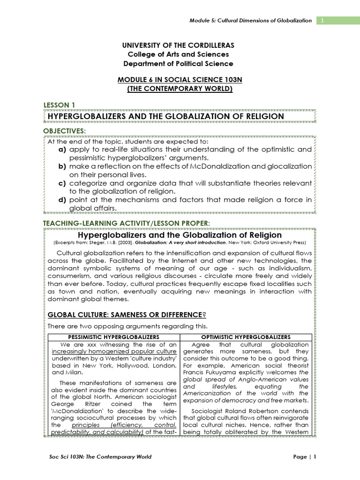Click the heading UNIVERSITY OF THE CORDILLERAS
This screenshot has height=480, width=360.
(178, 45)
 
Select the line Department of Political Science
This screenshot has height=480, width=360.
(178, 64)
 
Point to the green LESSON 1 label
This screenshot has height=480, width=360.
(59, 105)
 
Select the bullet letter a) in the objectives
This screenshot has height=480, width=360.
(61, 150)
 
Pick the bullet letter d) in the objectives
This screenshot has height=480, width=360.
(61, 200)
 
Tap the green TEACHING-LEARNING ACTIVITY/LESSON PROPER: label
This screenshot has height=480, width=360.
(127, 221)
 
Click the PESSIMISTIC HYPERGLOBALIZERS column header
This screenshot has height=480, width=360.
(114, 337)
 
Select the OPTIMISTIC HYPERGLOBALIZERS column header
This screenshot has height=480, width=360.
(246, 337)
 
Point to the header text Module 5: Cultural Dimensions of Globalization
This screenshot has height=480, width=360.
(250, 21)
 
